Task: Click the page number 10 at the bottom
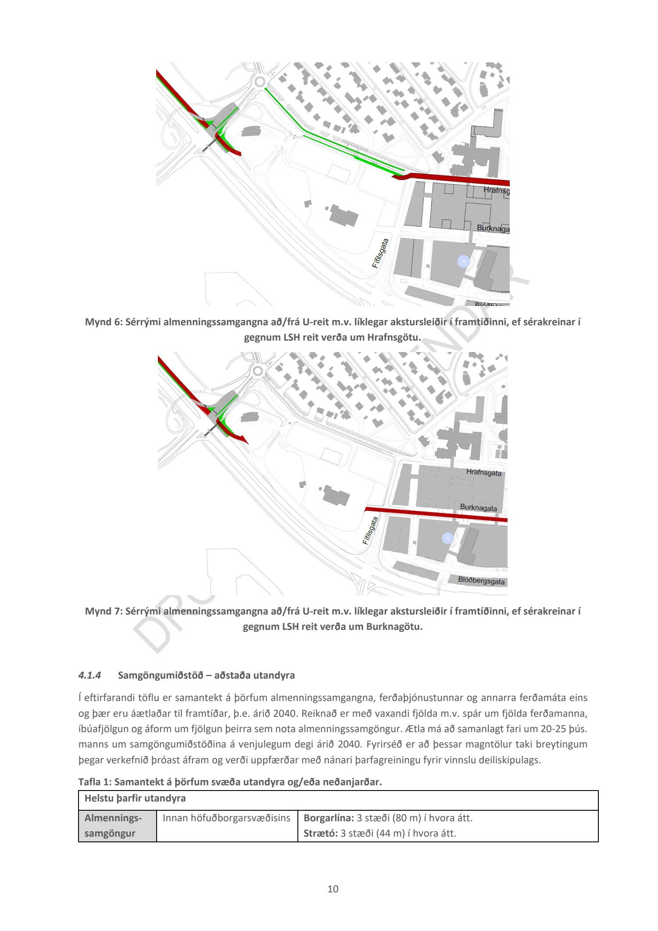pos(333,889)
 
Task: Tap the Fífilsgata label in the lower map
pos(371,530)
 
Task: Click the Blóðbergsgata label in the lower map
pos(481,581)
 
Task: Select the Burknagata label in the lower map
pos(479,508)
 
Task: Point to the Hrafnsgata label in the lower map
pos(483,473)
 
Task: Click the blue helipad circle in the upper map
pos(463,262)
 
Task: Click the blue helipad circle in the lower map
pos(447,538)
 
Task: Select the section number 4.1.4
pos(89,676)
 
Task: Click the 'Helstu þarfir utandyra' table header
pos(135,798)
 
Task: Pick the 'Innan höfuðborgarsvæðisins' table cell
pos(226,818)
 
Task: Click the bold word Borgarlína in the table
pos(328,818)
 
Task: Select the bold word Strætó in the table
pos(320,833)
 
